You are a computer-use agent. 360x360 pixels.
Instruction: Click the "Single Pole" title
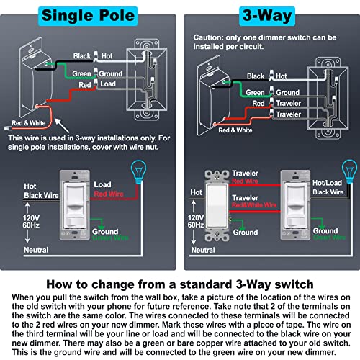[90, 14]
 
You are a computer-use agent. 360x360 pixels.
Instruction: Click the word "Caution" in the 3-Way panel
[211, 36]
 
